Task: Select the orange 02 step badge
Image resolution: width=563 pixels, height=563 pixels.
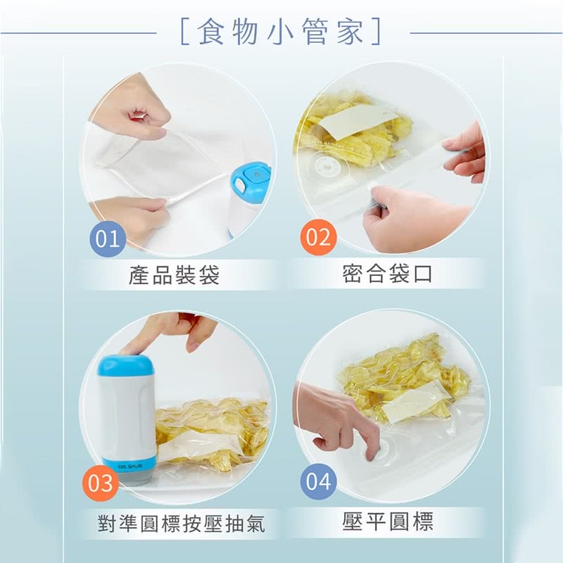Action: coord(318,237)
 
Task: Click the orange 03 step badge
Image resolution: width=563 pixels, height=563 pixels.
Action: coord(101,483)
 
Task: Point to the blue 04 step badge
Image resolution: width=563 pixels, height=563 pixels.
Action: coord(318,481)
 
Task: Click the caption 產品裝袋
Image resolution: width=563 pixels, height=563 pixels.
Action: coord(174,275)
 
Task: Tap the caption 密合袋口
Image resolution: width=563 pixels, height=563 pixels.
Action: coord(386,274)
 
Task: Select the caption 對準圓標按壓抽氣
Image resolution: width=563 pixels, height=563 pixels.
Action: coord(182,524)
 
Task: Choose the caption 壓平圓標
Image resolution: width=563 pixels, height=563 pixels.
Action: coord(388,521)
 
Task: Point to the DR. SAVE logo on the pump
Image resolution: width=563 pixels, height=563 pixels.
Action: coord(130,466)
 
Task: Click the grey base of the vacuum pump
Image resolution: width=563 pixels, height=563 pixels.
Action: coord(137,478)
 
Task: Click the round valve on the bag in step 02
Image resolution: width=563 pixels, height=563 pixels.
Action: coord(327,165)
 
